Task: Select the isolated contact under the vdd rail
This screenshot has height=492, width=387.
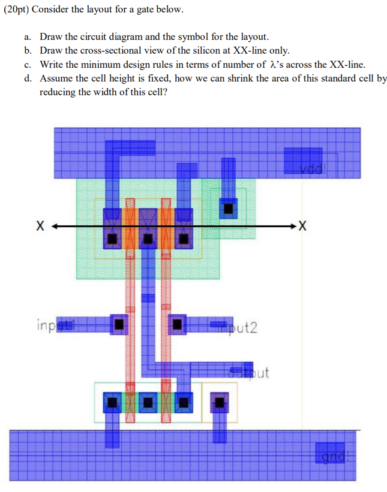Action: tap(228, 208)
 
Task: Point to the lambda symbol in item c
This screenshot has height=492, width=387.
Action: tap(271, 65)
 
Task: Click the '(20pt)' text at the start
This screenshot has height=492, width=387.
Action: tap(15, 9)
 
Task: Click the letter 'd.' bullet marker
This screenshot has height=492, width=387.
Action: tap(28, 78)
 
